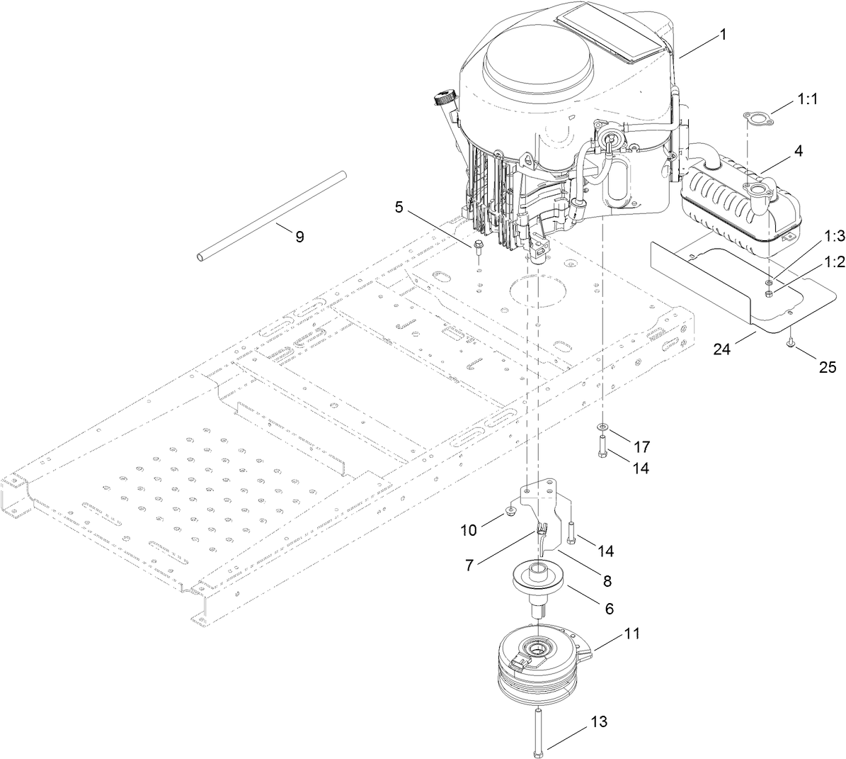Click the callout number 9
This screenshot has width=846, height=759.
[299, 237]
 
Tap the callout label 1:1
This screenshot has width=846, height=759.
[806, 101]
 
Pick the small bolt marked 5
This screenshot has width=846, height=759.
[478, 249]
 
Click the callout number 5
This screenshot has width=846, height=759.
[399, 208]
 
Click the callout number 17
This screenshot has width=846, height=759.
[641, 447]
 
